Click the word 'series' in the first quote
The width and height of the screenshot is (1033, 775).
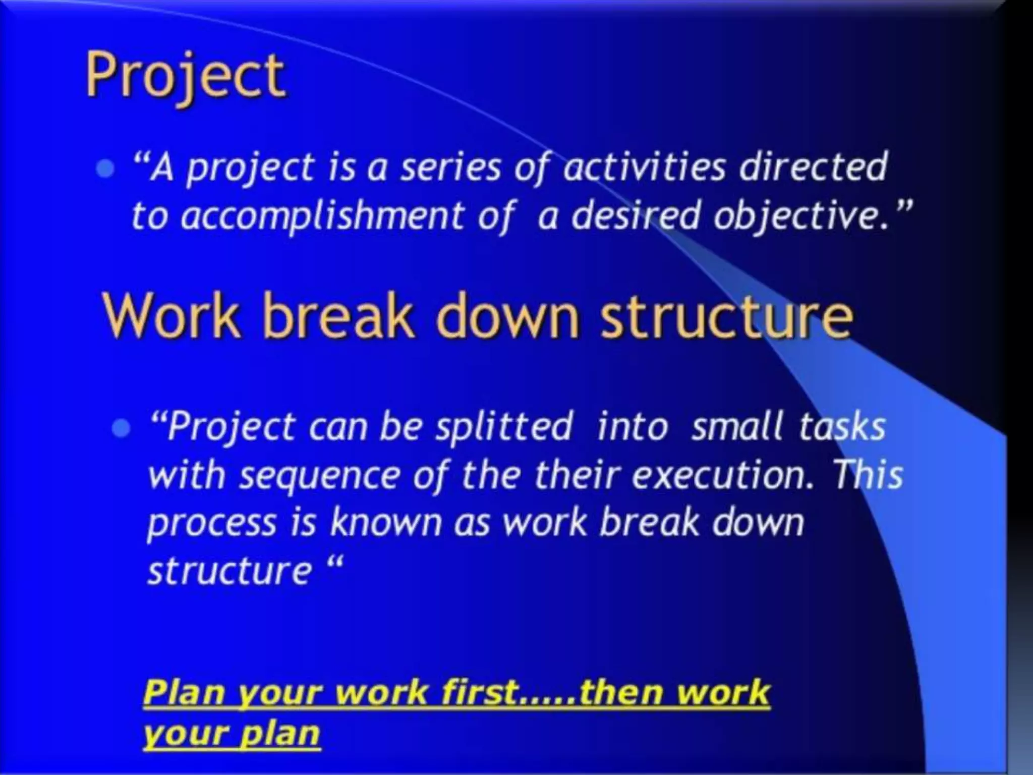point(450,168)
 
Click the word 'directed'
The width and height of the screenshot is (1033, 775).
point(813,167)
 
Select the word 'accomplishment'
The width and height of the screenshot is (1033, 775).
point(321,216)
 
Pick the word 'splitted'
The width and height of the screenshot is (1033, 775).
point(504,427)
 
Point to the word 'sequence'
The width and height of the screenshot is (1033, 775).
point(320,476)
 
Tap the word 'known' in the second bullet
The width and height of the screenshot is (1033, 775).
point(385,523)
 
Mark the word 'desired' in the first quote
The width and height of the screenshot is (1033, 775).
point(636,216)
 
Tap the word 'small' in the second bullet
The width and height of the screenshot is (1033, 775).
point(737,427)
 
